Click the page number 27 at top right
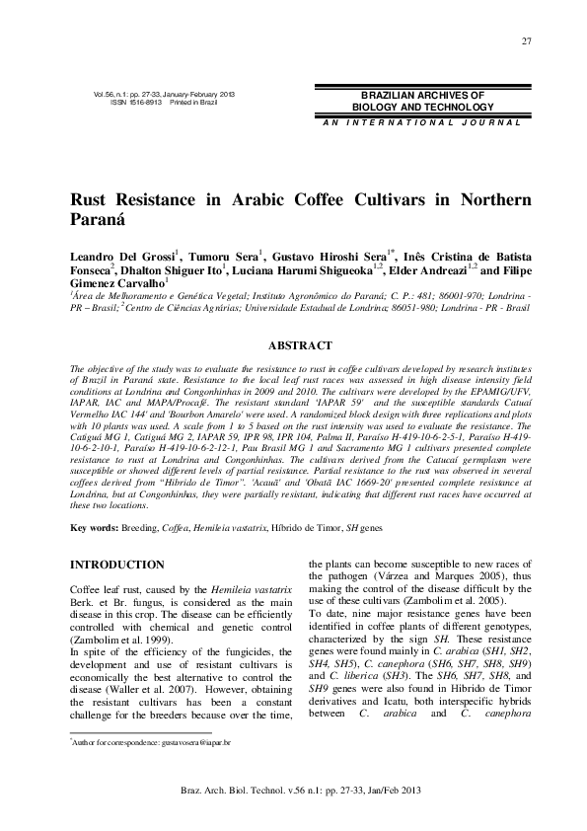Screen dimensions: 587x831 526,39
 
